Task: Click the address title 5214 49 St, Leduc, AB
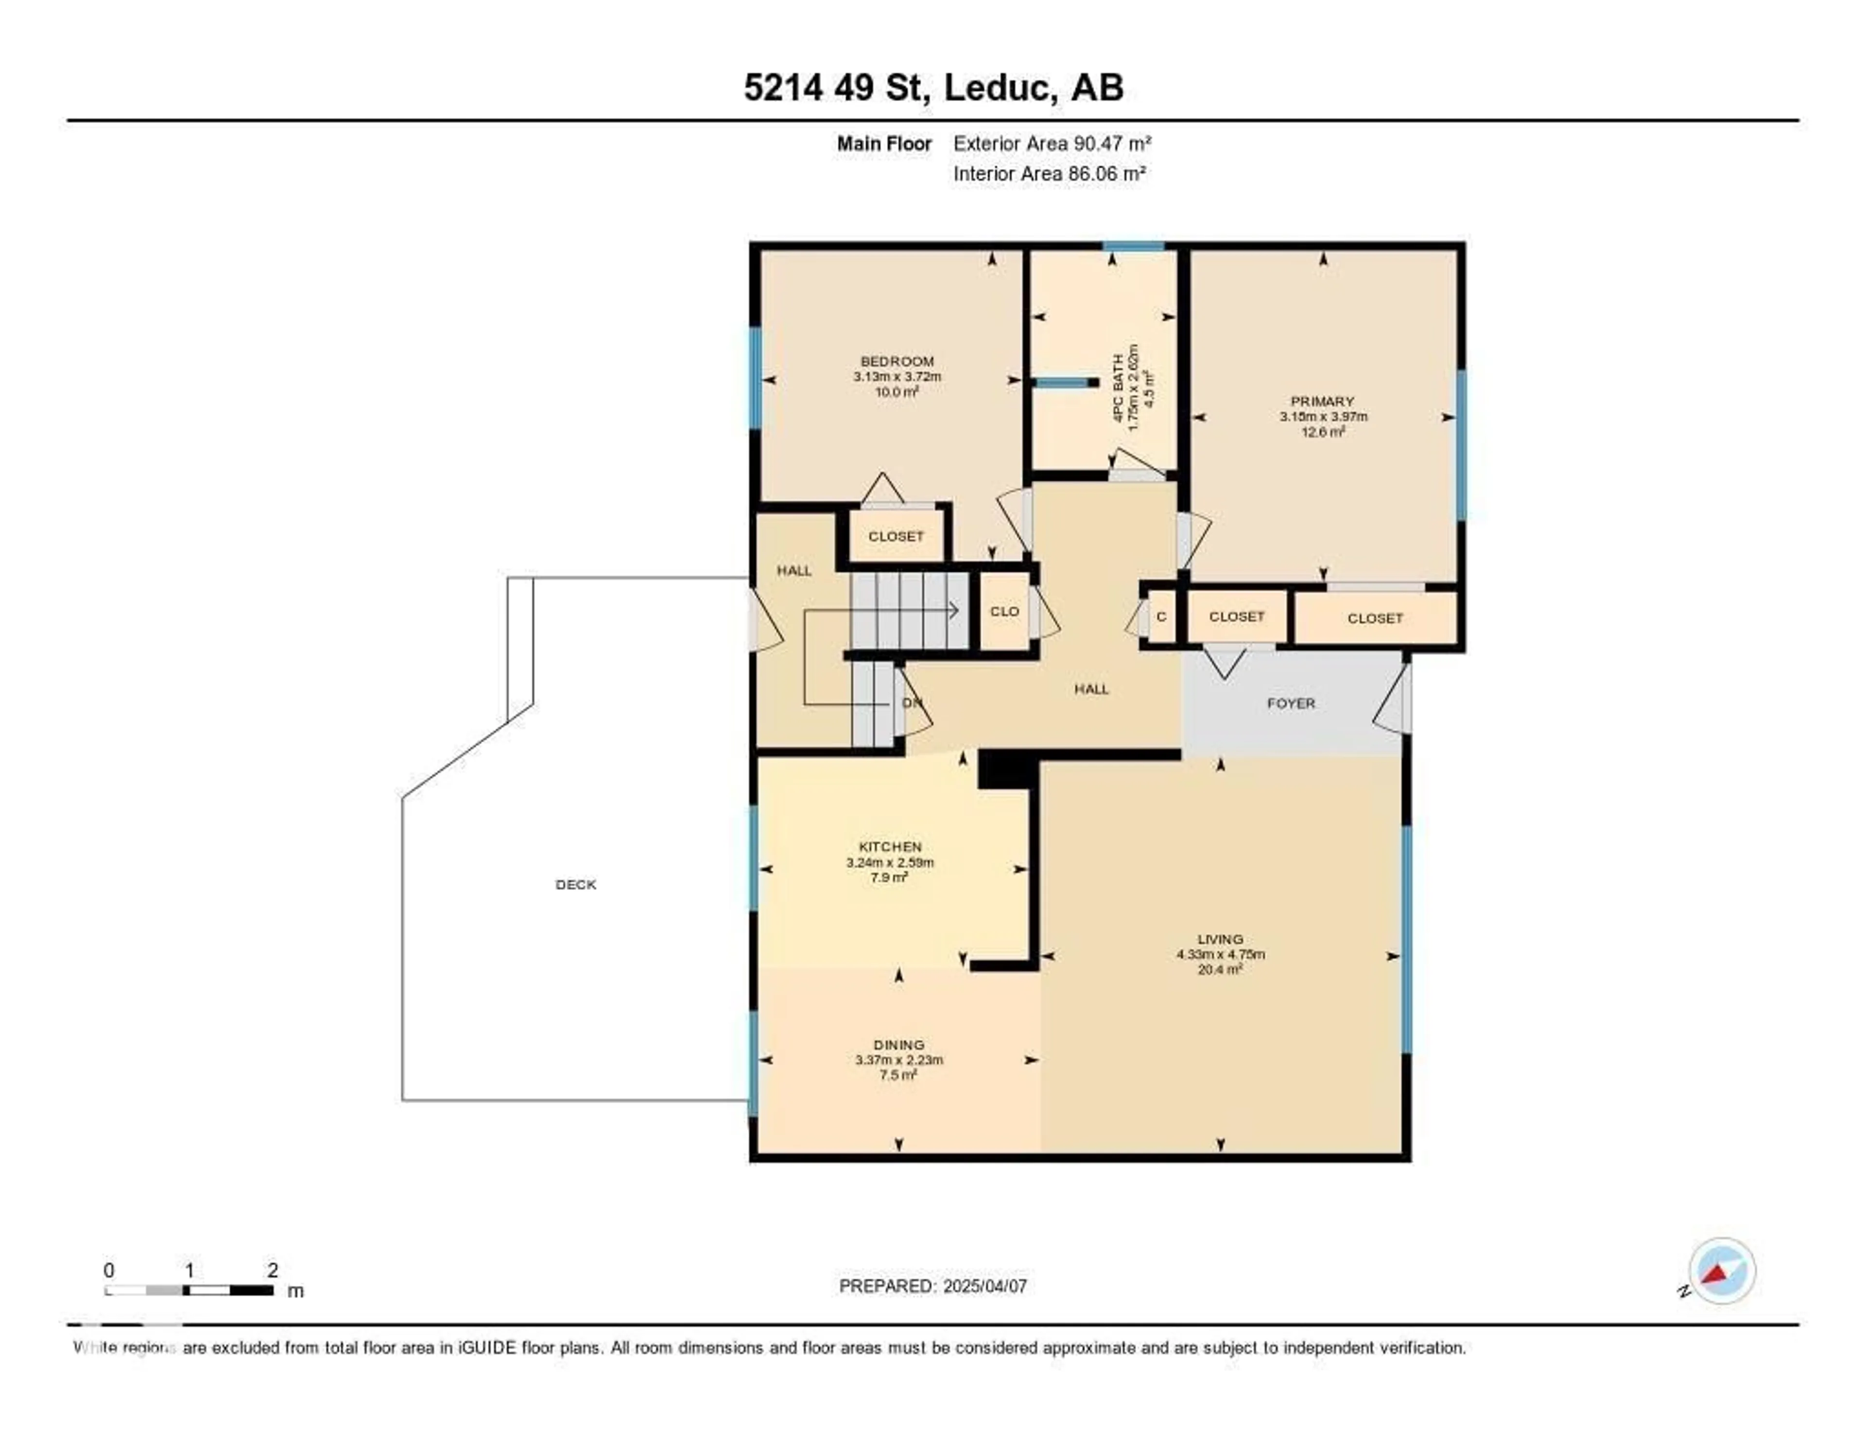point(933,87)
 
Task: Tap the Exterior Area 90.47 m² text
point(1052,143)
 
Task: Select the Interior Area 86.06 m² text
point(1049,173)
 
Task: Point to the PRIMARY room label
point(1322,401)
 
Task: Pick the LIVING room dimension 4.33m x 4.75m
point(1220,954)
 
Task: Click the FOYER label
point(1290,703)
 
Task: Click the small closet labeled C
point(1160,617)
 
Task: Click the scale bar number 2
point(273,1270)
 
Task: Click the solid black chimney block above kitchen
point(1006,769)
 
